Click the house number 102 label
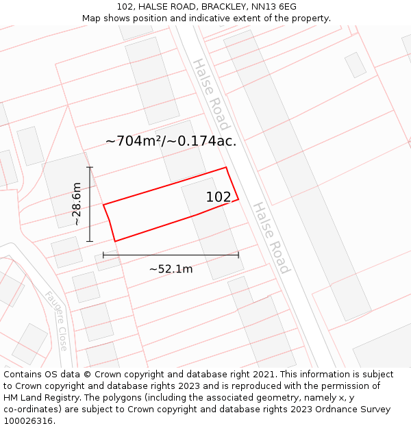pyautogui.click(x=219, y=197)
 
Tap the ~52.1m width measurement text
pyautogui.click(x=171, y=269)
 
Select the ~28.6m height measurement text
pyautogui.click(x=77, y=204)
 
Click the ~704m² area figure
pyautogui.click(x=136, y=141)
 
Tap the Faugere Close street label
pyautogui.click(x=56, y=320)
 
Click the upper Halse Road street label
pyautogui.click(x=210, y=94)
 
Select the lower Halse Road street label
pyautogui.click(x=271, y=237)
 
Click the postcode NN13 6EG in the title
pyautogui.click(x=274, y=7)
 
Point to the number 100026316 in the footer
pyautogui.click(x=28, y=421)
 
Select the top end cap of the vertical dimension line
pyautogui.click(x=90, y=167)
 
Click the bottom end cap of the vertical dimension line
pyautogui.click(x=90, y=241)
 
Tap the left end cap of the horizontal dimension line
pyautogui.click(x=103, y=255)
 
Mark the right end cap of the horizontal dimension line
pyautogui.click(x=238, y=255)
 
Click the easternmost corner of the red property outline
pyautogui.click(x=238, y=199)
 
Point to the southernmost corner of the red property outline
pyautogui.click(x=115, y=241)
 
